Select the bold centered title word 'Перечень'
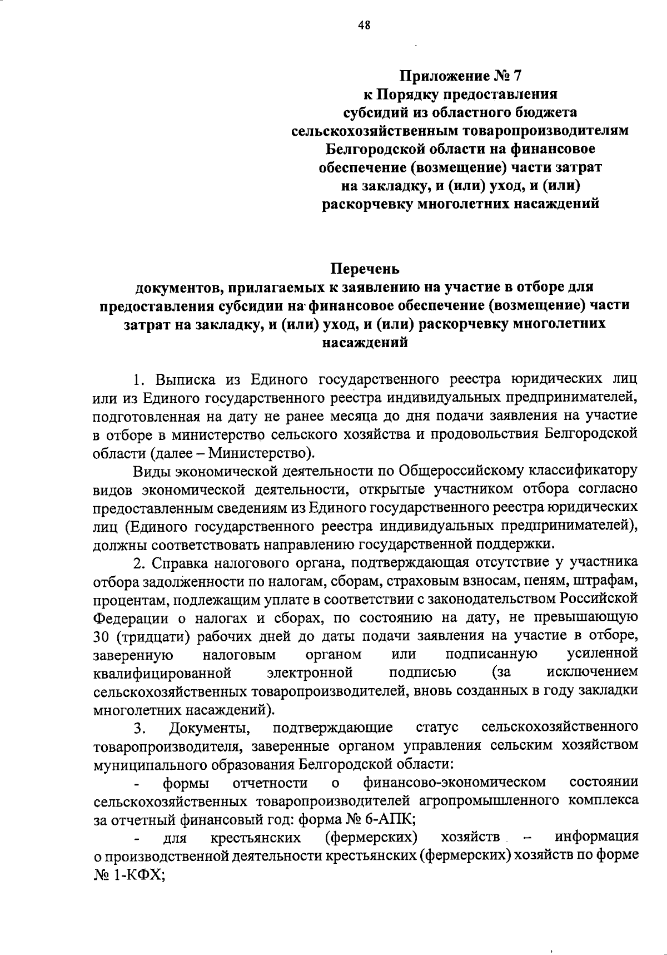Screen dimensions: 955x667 click(365, 270)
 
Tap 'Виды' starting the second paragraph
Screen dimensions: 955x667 click(151, 471)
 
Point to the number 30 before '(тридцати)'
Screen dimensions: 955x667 click(102, 636)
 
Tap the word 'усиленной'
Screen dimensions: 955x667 click(603, 655)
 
